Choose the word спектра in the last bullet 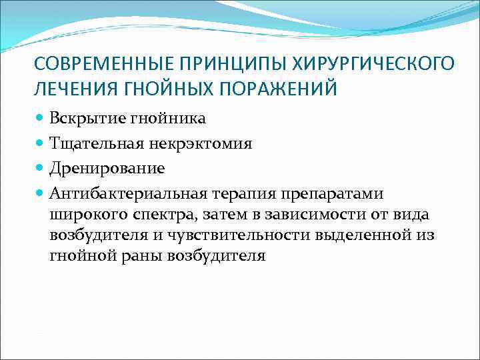(167, 214)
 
